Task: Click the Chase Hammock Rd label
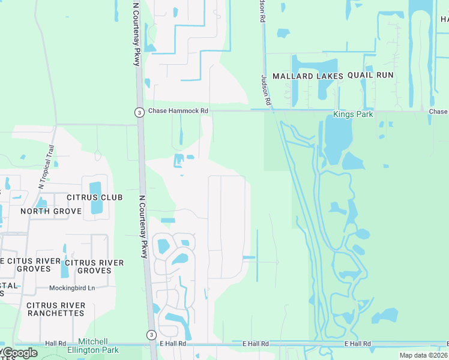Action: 178,111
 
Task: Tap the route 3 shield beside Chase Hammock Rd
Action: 139,112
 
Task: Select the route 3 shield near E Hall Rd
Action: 152,334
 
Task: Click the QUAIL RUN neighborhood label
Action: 370,75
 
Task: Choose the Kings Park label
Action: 354,114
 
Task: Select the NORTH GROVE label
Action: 51,211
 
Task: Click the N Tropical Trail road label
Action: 46,166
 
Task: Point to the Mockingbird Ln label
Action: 72,288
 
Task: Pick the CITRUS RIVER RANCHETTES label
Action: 56,309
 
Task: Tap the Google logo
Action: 19,353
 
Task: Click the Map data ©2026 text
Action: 423,355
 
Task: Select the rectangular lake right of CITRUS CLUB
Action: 95,197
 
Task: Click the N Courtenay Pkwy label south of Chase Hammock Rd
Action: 143,227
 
